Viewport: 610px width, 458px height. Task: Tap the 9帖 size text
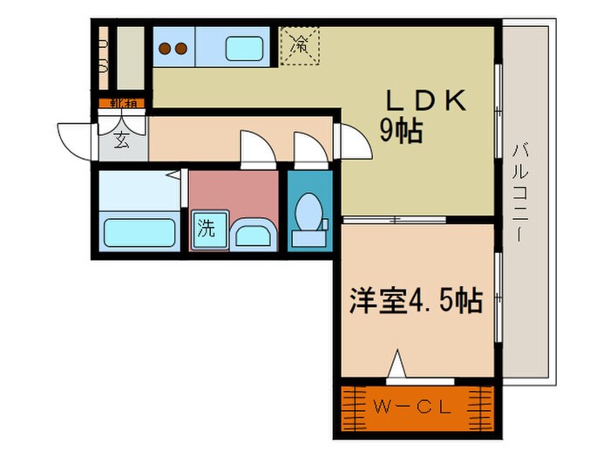[401, 131]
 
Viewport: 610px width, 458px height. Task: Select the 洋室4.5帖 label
[415, 302]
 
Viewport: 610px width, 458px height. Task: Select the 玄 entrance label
[122, 140]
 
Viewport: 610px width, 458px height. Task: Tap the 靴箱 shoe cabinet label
[122, 104]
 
